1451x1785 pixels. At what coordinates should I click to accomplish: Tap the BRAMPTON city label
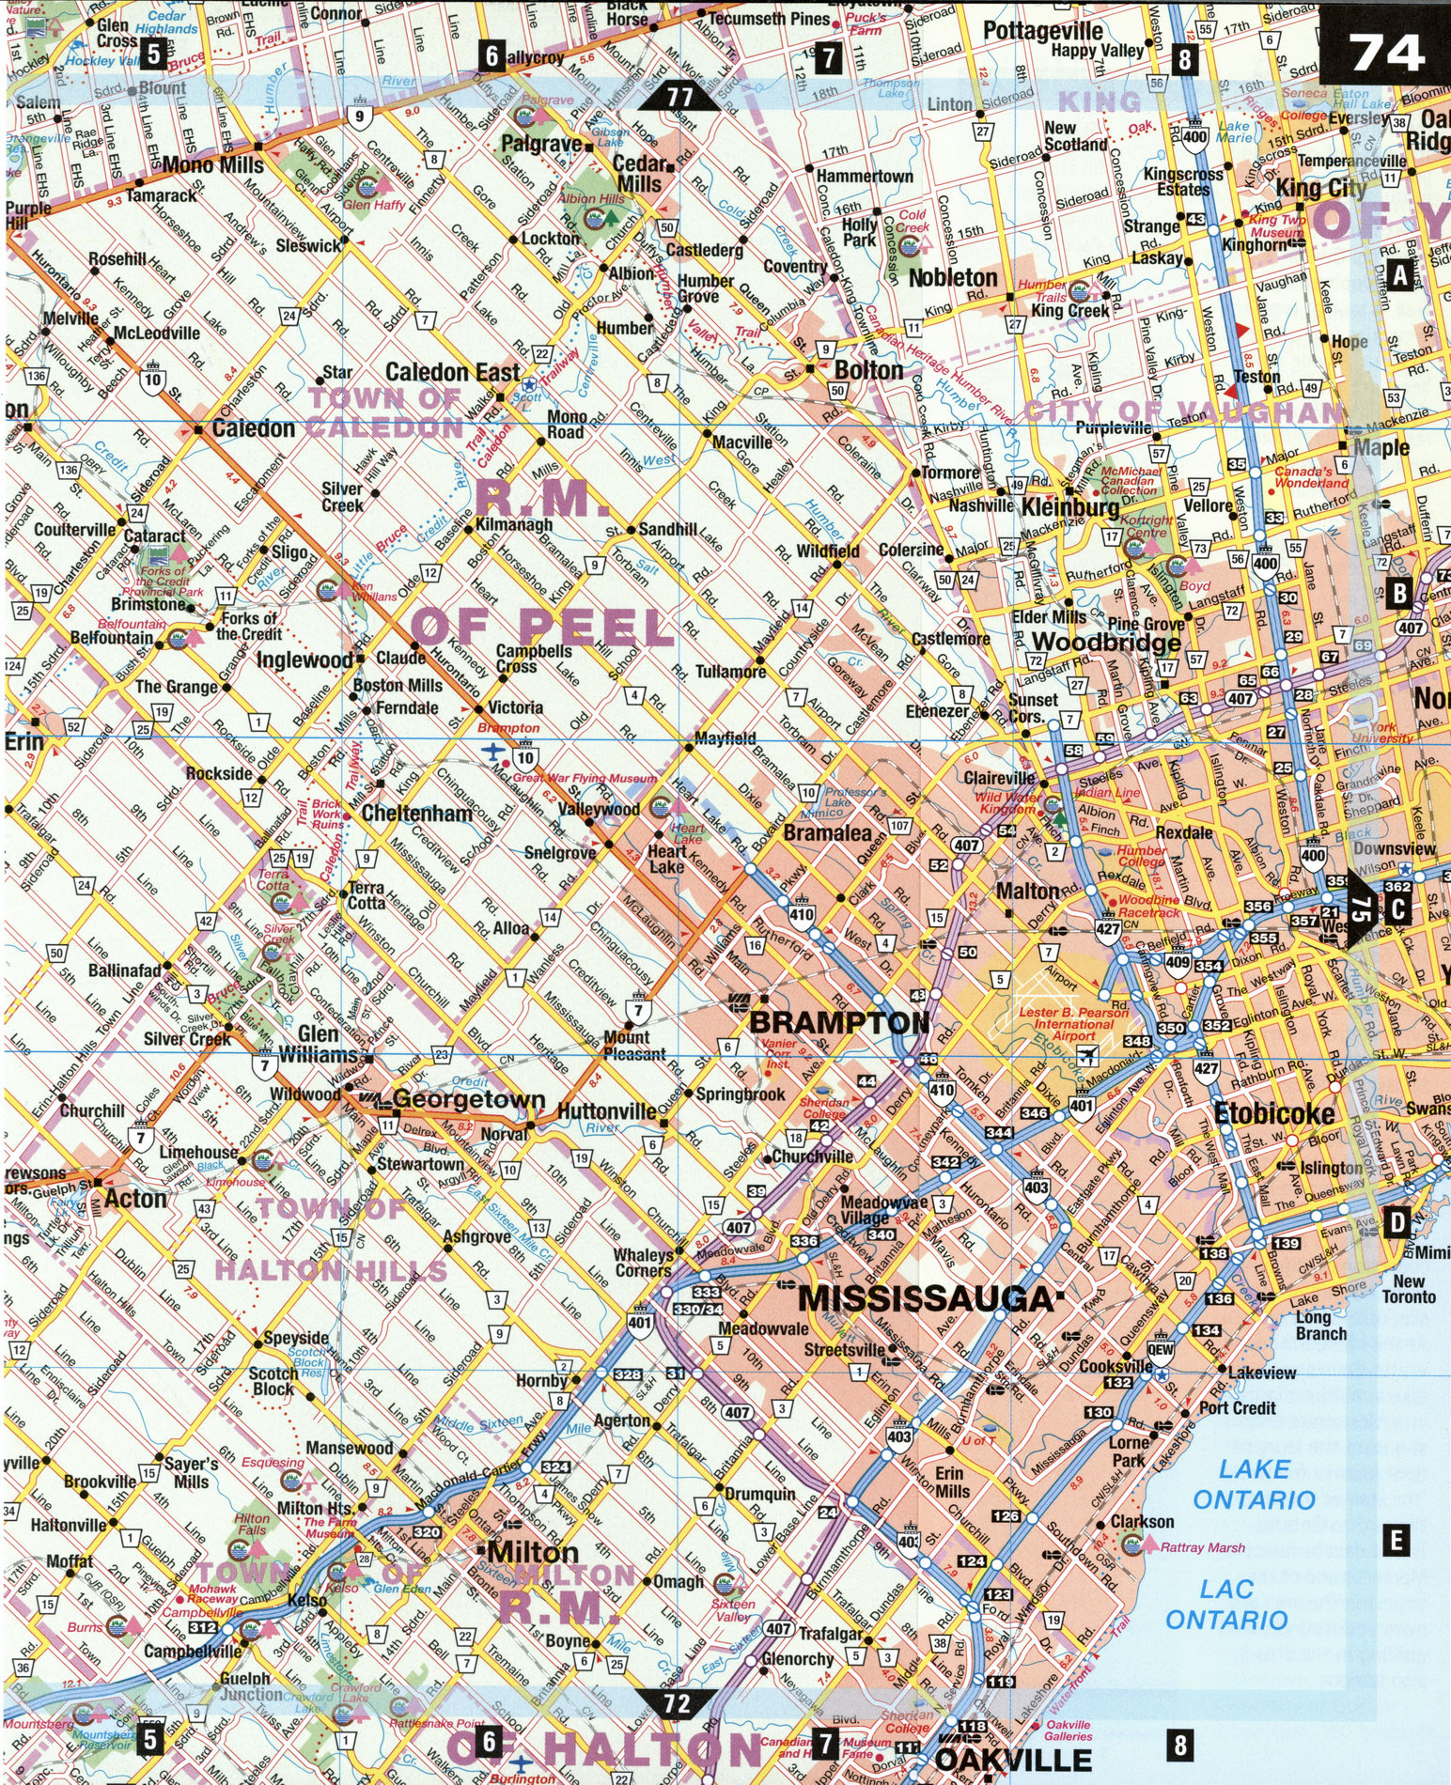coord(838,1022)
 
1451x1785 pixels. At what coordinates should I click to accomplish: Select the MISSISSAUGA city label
coord(926,1299)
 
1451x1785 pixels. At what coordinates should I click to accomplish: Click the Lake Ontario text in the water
coord(1254,1484)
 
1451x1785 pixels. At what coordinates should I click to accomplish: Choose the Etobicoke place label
coord(1273,1114)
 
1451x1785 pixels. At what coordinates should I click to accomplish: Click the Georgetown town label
coord(468,1099)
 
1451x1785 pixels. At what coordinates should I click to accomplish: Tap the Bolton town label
coord(868,370)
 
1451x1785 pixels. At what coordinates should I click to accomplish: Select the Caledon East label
coord(452,373)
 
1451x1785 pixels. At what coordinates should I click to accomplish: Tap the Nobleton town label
coord(952,278)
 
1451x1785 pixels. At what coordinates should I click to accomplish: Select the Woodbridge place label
coord(1105,643)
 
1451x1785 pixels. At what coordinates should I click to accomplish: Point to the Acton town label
coord(135,1199)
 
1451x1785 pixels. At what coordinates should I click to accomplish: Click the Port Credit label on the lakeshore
coord(1237,1407)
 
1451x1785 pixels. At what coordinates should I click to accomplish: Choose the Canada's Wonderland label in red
coord(1311,476)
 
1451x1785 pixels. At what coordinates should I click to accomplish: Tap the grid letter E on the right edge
coord(1396,1541)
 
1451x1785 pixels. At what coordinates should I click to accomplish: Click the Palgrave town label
coord(541,144)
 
